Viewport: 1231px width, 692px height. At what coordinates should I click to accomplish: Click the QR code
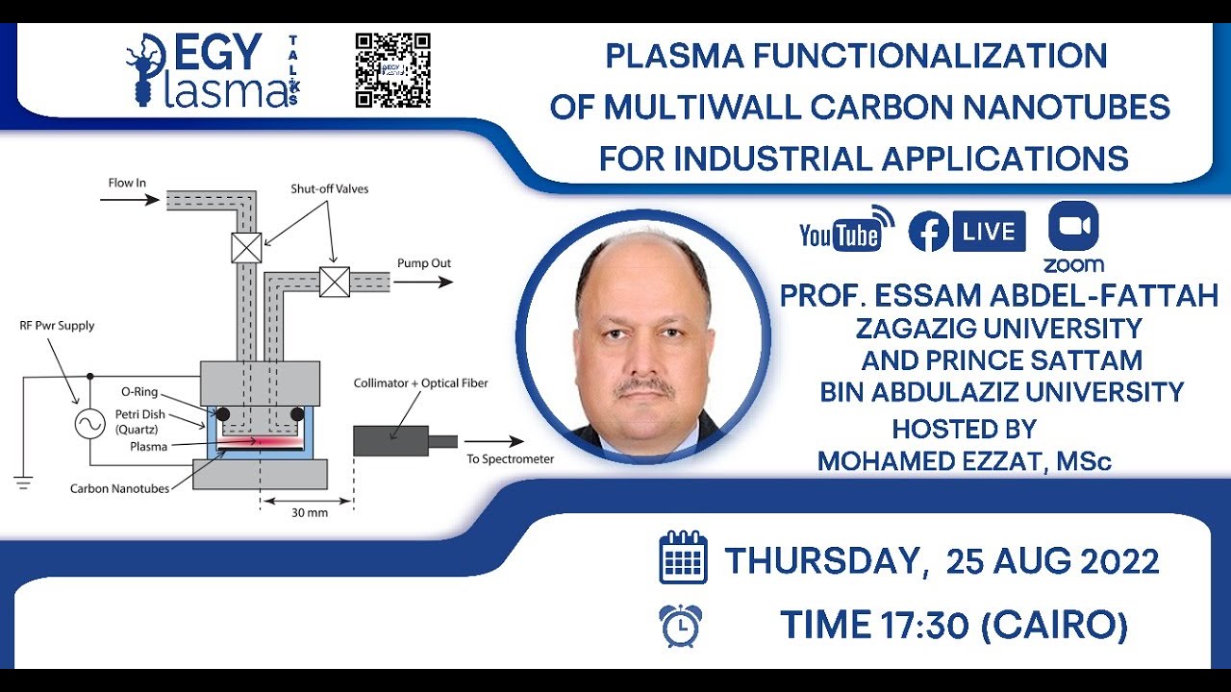[392, 70]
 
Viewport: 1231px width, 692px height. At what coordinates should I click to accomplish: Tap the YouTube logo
[840, 234]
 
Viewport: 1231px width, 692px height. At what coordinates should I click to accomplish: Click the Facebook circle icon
[928, 232]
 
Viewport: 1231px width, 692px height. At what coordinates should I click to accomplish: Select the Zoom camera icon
[1073, 227]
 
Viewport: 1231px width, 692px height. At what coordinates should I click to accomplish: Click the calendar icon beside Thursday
[683, 559]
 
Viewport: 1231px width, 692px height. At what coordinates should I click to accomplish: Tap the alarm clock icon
[681, 626]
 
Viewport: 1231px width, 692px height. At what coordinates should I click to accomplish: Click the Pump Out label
[423, 263]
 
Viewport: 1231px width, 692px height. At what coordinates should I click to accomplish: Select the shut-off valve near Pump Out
[335, 281]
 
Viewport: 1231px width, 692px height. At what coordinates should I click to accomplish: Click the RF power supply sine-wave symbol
[89, 424]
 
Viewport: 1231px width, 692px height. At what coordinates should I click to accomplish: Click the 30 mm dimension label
[310, 513]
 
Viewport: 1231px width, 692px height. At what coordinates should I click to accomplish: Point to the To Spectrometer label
[510, 459]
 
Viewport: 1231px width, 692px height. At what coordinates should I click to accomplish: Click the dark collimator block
[390, 440]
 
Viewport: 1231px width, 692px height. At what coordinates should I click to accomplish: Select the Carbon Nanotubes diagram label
[119, 488]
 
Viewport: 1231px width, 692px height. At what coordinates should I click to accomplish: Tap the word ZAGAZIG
[917, 328]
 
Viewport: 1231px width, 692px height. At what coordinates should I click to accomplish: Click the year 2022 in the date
[1118, 561]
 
